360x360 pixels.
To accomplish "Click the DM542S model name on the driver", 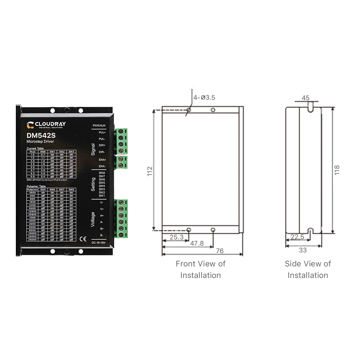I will [x=41, y=136].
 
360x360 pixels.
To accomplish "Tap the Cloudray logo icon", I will [x=30, y=125].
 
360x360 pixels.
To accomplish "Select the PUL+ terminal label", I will [x=102, y=132].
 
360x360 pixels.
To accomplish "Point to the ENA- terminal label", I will [x=102, y=166].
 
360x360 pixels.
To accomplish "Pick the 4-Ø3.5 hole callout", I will [x=204, y=97].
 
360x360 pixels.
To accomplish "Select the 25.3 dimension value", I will [x=176, y=237].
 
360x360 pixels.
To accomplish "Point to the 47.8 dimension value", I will [x=197, y=243].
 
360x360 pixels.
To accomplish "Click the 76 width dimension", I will [x=220, y=251].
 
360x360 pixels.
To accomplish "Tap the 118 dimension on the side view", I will [x=337, y=169].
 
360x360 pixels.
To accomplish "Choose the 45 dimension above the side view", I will [x=306, y=98].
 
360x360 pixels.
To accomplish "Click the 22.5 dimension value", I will [x=297, y=237].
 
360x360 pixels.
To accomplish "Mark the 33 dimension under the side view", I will [x=303, y=250].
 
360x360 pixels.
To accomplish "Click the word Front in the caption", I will [x=186, y=264].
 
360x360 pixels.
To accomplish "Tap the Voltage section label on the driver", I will [x=93, y=219].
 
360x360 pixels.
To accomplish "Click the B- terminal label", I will [x=102, y=235].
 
